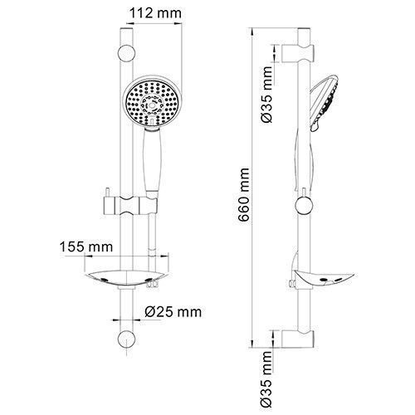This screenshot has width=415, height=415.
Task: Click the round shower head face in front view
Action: (x=152, y=104)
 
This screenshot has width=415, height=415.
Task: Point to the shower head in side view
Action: (x=326, y=104)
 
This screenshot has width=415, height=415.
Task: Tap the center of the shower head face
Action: (x=152, y=105)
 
